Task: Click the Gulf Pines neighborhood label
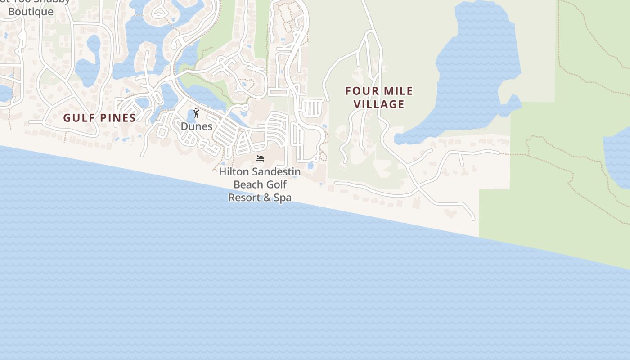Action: coord(99,118)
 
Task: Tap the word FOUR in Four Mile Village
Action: coord(360,91)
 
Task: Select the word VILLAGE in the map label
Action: coord(379,104)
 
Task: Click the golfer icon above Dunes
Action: coord(196,113)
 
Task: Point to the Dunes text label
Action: coord(197,126)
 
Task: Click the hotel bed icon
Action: coord(260,158)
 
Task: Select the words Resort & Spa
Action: coord(260,198)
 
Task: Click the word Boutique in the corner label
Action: coord(31,12)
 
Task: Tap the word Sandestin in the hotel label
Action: coord(276,172)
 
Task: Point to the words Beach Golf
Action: coord(260,184)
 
